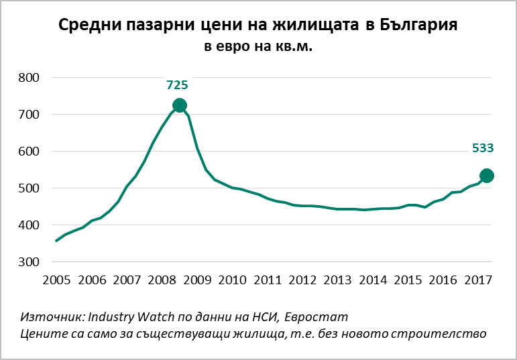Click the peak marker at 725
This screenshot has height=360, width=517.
179,105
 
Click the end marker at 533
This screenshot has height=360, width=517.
487,176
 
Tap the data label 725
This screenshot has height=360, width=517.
177,85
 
